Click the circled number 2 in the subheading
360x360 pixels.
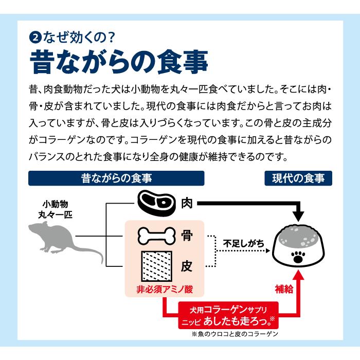tap(35, 38)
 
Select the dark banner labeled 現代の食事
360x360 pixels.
tap(298, 178)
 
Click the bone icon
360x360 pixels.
tap(156, 236)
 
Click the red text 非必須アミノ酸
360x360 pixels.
tap(165, 289)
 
